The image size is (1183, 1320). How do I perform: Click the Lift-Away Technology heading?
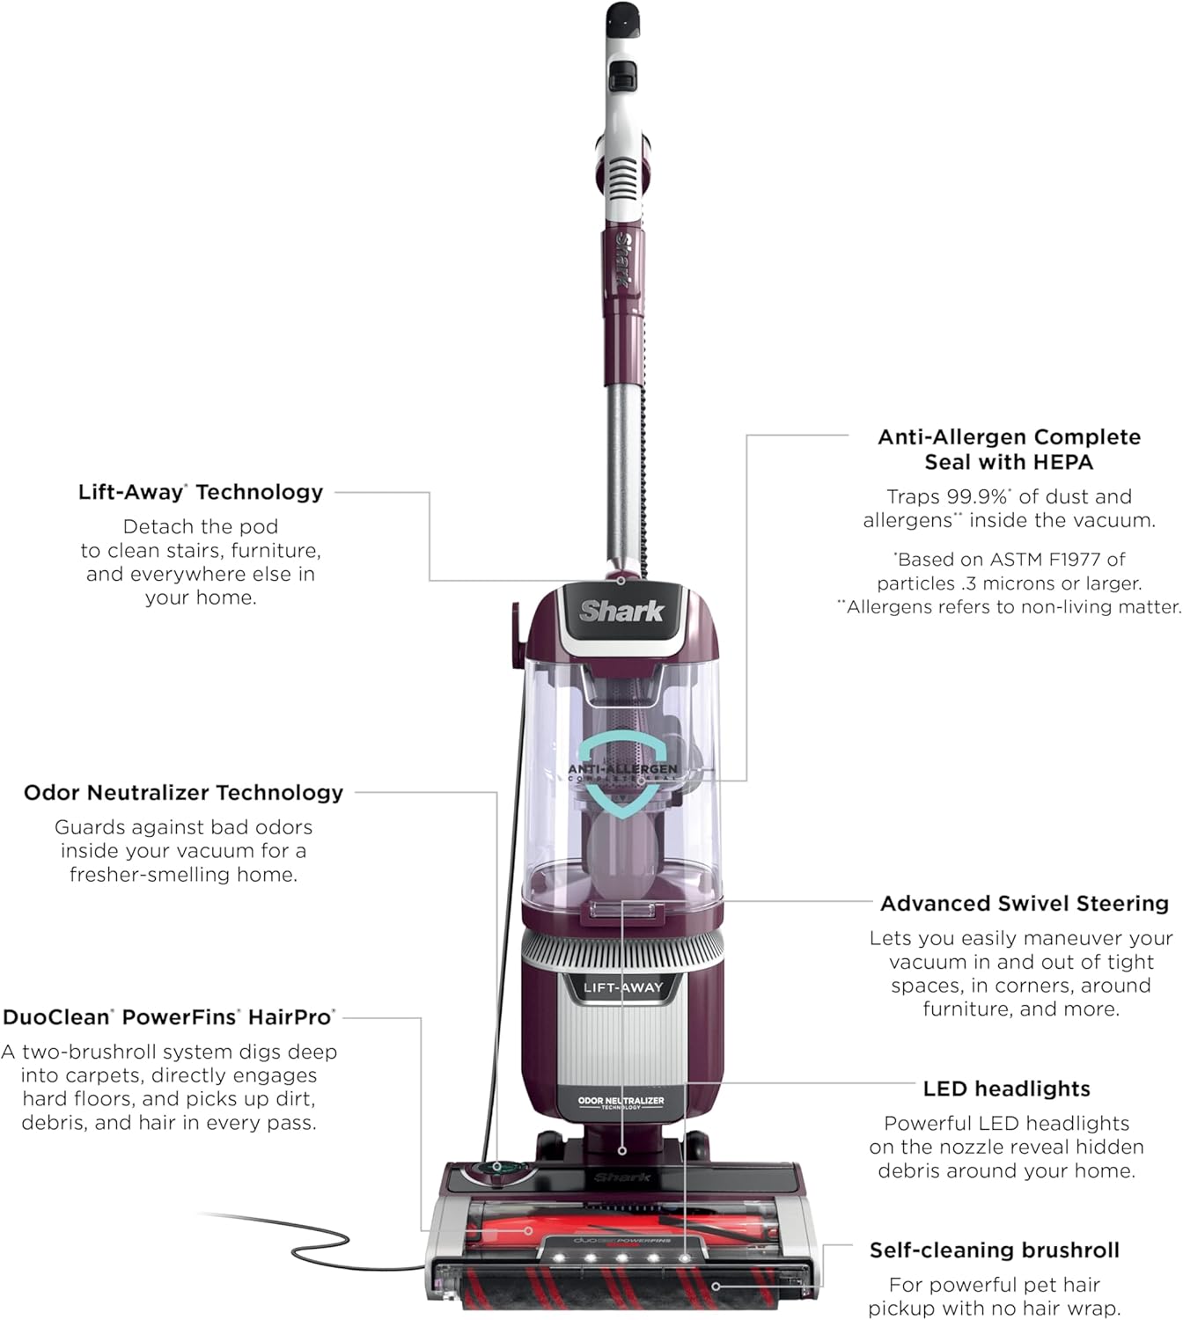pos(201,492)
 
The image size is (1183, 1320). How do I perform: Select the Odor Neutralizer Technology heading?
pos(183,793)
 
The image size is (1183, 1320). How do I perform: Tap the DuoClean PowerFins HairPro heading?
pos(169,1017)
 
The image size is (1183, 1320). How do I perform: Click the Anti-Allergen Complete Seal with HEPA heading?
pos(1009,449)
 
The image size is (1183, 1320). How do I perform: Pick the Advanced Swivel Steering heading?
pos(1025,904)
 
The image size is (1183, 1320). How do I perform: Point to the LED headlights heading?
pos(1006,1089)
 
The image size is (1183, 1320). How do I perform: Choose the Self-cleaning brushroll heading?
pos(995,1250)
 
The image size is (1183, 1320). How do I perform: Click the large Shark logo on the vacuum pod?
pos(621,611)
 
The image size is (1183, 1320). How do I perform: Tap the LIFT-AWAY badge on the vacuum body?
pos(622,987)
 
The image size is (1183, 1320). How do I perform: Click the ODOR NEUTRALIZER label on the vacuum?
pos(621,1102)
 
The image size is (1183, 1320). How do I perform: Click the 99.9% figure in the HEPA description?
pos(976,497)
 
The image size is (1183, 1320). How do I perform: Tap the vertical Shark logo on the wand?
pos(622,260)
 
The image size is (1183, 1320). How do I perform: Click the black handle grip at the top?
pos(622,18)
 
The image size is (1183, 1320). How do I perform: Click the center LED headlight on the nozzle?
pos(621,1258)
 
